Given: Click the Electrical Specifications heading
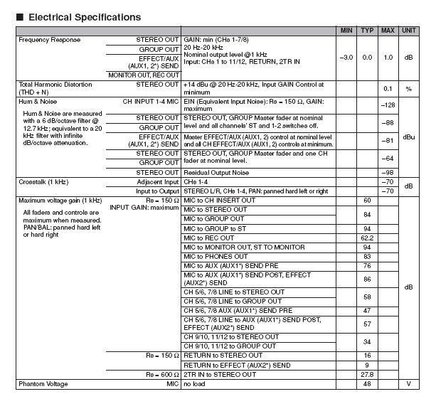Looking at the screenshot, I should [x=83, y=16].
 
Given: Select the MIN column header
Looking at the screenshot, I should [x=346, y=31].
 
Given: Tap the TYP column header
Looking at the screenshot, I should [x=367, y=31].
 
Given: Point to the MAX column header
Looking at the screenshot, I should [x=388, y=31].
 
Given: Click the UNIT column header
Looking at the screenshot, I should [x=409, y=31].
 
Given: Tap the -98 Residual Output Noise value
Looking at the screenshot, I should [x=388, y=173].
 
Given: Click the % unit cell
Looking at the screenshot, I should [x=409, y=88].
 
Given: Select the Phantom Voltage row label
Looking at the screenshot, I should [x=43, y=384].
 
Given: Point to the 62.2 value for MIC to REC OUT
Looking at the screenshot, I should [x=367, y=238].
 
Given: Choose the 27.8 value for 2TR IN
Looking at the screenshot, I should [x=367, y=375].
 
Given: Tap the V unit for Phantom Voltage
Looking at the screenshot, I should [x=409, y=384].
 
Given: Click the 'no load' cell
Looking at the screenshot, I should [x=196, y=384].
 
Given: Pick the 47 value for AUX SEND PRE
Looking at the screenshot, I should [x=367, y=311].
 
